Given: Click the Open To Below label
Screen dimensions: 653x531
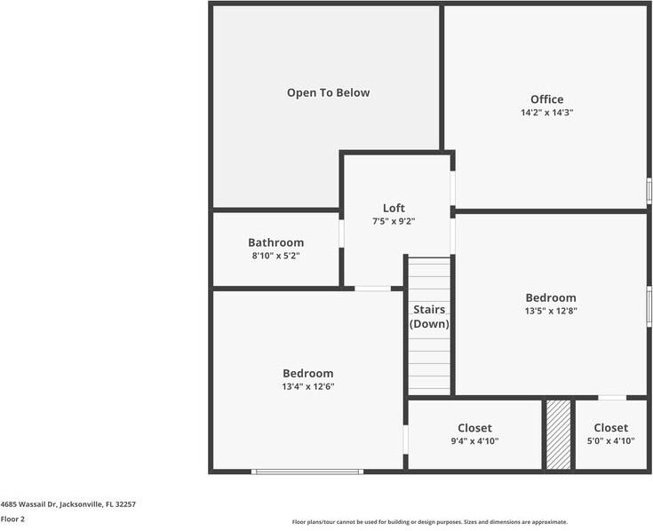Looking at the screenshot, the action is point(328,93).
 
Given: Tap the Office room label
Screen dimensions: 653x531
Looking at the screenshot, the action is point(546,99).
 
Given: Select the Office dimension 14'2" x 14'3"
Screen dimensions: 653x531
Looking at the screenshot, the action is point(546,113).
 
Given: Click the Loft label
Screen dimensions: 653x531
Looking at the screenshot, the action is point(394,208).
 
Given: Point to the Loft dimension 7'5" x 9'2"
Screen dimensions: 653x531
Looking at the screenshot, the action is point(394,221).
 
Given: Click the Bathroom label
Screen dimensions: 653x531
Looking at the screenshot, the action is point(275,242).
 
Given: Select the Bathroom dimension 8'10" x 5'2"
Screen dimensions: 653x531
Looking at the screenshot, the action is point(275,256).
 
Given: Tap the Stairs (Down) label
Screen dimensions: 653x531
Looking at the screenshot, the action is point(429,317).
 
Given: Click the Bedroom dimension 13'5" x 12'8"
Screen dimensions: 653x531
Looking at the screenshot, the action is point(551,311).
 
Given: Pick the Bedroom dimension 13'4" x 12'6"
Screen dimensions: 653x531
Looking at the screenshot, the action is point(308,386).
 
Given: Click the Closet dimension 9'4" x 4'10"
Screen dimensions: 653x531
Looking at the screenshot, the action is point(474,441).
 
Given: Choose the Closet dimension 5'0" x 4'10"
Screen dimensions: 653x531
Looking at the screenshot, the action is point(611,440).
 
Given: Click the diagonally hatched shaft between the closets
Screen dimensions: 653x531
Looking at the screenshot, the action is point(559,434).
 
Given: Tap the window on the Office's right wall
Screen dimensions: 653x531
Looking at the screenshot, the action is point(649,191).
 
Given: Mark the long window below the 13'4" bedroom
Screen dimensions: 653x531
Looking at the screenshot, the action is point(307,472).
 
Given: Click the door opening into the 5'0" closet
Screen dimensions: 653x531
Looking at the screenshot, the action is point(612,398).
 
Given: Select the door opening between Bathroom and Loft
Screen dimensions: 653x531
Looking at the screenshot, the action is point(341,234).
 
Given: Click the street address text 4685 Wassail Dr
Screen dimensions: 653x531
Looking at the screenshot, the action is point(28,504).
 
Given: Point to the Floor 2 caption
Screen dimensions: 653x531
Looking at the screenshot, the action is point(12,519).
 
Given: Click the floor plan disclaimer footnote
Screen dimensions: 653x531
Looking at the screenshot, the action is point(430,522).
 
